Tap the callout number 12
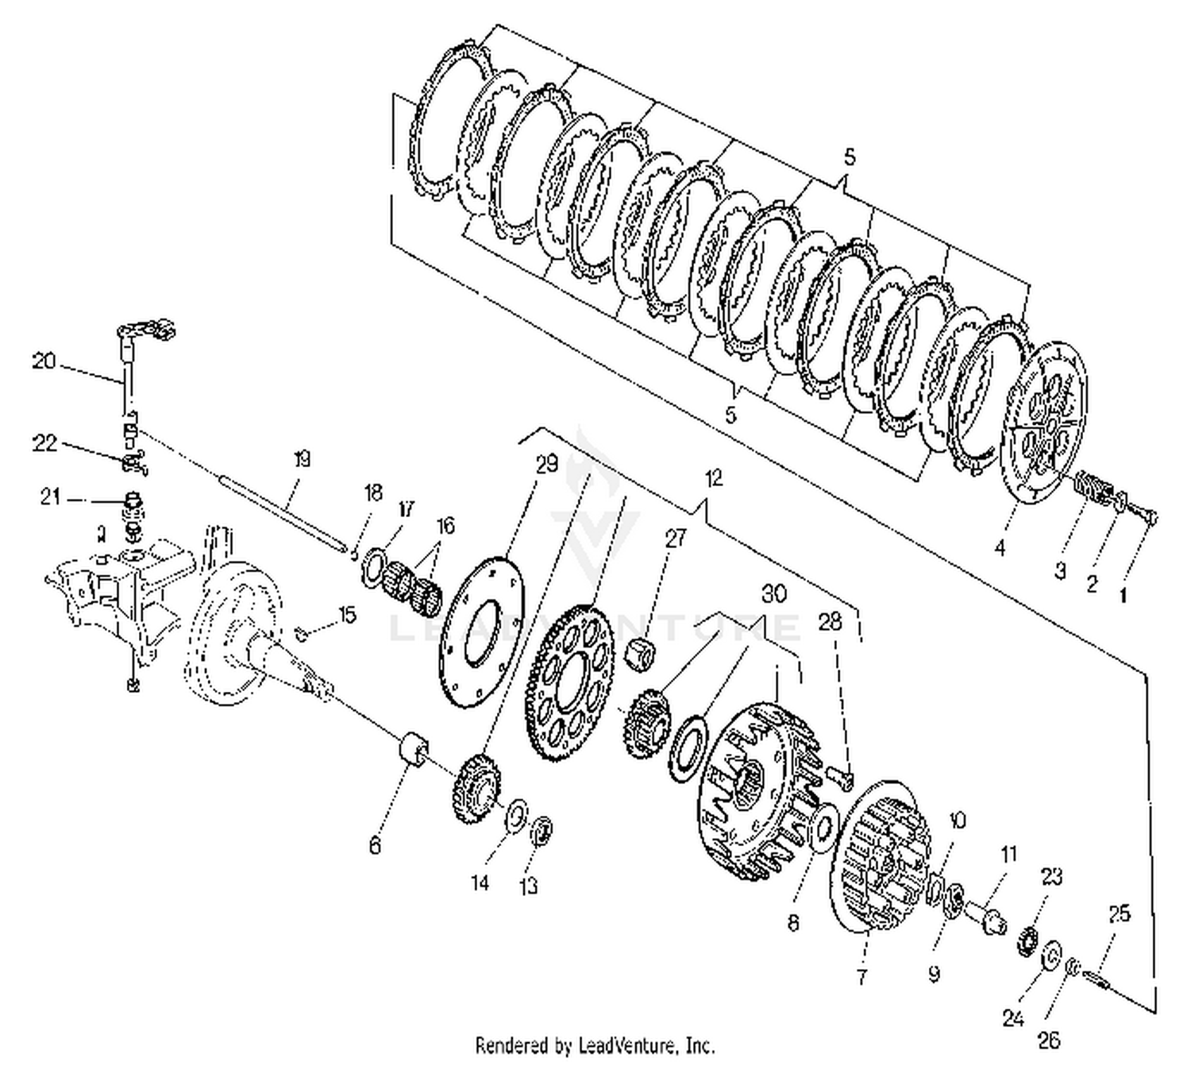(713, 477)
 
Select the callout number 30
(773, 593)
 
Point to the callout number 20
(44, 361)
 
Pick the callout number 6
(375, 845)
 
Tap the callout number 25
(1119, 914)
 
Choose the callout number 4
(1000, 547)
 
